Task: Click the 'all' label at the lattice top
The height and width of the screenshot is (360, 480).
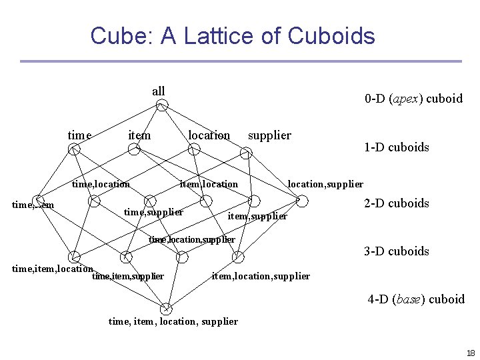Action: (x=159, y=91)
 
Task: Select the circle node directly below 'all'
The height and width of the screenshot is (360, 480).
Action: (x=162, y=105)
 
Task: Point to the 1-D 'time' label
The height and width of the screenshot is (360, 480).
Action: (x=79, y=135)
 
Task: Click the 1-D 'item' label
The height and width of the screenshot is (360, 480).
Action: (x=139, y=135)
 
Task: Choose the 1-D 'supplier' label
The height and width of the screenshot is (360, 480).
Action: (x=269, y=135)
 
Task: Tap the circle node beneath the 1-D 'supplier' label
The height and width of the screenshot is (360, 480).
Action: (x=246, y=153)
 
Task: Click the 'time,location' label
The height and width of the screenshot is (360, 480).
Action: (x=101, y=184)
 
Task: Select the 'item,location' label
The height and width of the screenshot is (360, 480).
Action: (x=209, y=184)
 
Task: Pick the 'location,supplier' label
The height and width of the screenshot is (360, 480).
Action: (x=325, y=184)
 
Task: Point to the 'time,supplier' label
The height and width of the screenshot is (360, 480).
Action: (x=154, y=213)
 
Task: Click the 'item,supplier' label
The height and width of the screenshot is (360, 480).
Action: (x=257, y=216)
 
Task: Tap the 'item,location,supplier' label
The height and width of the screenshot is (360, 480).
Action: (x=261, y=276)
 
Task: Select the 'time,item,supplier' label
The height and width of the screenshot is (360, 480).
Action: (x=128, y=276)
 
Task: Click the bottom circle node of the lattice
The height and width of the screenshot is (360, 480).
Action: (x=166, y=309)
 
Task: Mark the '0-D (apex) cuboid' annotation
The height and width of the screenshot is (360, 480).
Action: (x=413, y=99)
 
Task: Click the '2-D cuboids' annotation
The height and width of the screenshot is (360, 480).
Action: (x=397, y=203)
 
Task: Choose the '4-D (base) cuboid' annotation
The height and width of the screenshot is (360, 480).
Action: (x=416, y=299)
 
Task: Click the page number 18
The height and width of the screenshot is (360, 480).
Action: (x=471, y=353)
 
